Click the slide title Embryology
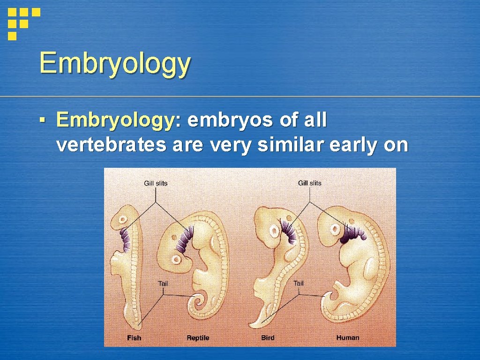pyautogui.click(x=115, y=64)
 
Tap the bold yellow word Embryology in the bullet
pyautogui.click(x=115, y=120)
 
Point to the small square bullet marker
pyautogui.click(x=42, y=121)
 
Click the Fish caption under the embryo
pyautogui.click(x=134, y=337)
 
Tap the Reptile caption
pyautogui.click(x=198, y=337)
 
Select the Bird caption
pyautogui.click(x=268, y=337)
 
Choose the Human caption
pyautogui.click(x=347, y=337)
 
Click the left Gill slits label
pyautogui.click(x=156, y=183)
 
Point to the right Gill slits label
pyautogui.click(x=310, y=183)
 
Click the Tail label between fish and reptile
pyautogui.click(x=163, y=283)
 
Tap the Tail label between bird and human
pyautogui.click(x=299, y=283)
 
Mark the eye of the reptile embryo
pyautogui.click(x=177, y=259)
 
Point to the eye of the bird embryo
pyautogui.click(x=273, y=230)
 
